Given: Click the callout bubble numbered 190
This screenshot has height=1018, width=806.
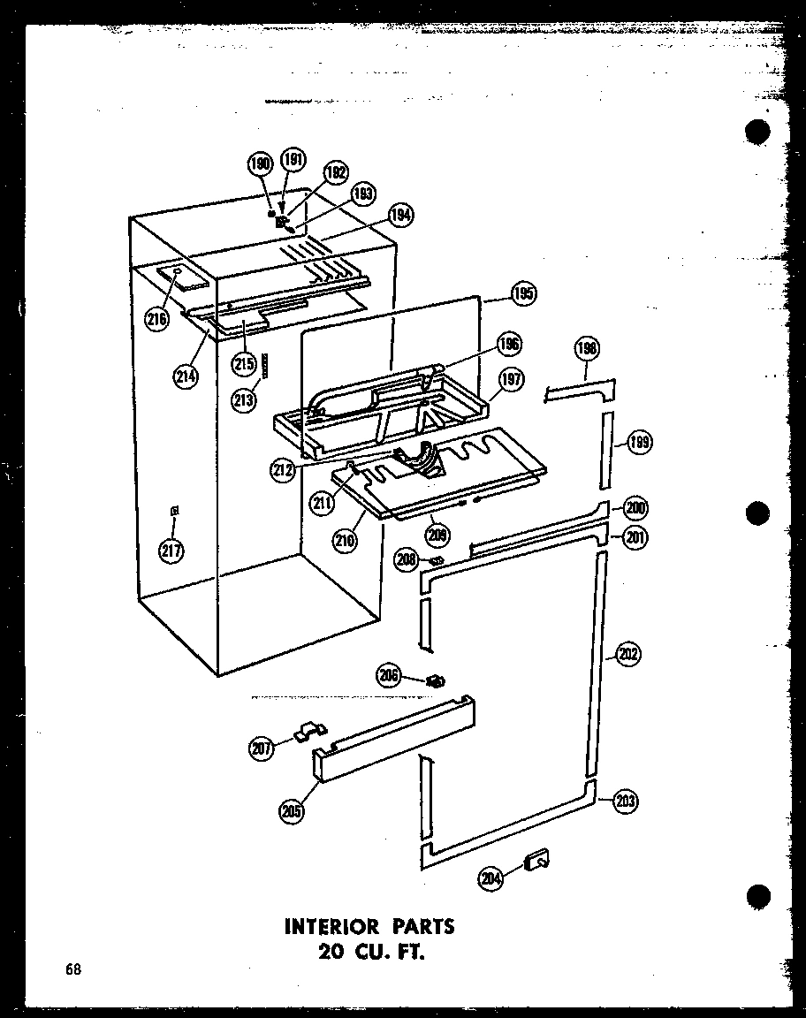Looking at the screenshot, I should (260, 164).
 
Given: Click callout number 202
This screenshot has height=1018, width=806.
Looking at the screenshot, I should (627, 656).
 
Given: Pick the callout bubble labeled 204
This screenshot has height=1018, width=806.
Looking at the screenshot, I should (491, 877).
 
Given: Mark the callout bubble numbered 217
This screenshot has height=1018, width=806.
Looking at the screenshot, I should (171, 551).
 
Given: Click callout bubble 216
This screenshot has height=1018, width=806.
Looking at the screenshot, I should (158, 319).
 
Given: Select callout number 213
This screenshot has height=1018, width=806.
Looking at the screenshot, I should (244, 399).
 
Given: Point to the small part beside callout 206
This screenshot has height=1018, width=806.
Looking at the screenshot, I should (434, 680).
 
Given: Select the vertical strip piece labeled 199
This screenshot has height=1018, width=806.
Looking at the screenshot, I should (606, 449).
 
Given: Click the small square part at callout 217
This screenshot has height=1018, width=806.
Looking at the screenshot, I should (174, 510).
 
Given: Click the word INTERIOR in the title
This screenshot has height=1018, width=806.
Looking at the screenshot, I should (332, 927).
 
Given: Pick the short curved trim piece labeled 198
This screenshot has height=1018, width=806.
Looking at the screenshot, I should (578, 389).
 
